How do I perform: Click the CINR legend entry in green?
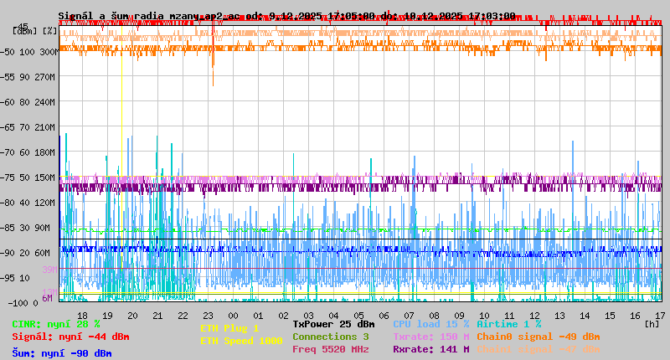click(55, 324)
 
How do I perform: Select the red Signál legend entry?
click(70, 337)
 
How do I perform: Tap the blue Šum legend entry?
click(61, 353)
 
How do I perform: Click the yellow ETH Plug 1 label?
click(229, 328)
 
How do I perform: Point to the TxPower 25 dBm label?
click(333, 324)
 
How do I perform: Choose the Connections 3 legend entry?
click(330, 337)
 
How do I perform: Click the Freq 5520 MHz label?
click(330, 349)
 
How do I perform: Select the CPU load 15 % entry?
click(430, 324)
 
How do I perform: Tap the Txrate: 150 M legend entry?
click(430, 337)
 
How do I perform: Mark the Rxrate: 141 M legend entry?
click(430, 349)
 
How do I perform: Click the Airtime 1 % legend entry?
click(508, 324)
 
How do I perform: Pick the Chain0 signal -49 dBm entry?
click(538, 337)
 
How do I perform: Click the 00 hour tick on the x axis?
click(233, 316)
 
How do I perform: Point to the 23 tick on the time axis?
click(208, 316)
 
